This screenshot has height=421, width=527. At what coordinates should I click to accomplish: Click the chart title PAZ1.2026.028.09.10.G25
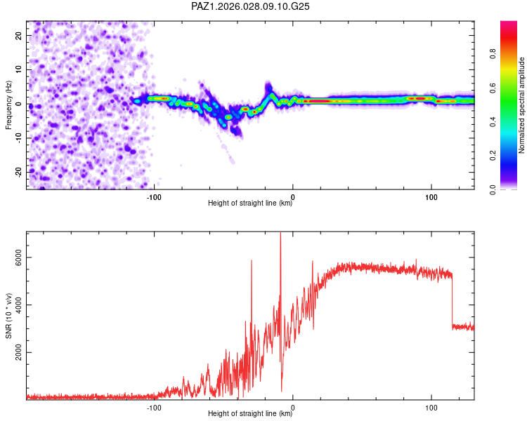250,6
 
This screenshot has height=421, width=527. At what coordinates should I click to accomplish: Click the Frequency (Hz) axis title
8,105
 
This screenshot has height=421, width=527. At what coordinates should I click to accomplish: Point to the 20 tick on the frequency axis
18,35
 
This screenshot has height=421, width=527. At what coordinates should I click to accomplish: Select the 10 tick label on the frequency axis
18,69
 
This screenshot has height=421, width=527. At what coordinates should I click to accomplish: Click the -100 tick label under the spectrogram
154,197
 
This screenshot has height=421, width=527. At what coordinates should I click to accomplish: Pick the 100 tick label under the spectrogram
431,197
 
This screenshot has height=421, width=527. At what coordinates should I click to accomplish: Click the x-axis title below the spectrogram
250,203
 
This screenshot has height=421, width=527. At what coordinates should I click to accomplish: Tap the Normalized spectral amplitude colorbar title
521,105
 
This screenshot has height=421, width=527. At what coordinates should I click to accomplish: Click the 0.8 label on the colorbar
493,54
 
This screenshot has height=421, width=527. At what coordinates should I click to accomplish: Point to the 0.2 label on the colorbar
493,156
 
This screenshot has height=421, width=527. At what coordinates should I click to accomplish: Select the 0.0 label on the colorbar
493,189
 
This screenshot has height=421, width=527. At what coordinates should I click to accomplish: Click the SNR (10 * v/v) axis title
8,316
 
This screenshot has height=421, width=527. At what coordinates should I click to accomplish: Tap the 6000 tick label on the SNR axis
18,258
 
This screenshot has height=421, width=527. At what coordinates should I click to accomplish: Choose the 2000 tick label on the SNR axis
18,352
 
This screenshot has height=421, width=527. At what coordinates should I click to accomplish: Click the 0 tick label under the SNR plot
293,408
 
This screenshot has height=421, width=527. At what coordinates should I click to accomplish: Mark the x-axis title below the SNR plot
250,413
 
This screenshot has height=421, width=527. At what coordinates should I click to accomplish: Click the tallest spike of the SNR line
280,232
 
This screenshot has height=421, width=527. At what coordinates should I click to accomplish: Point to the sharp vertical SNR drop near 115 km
453,300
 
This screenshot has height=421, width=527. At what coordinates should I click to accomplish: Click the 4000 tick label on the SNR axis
18,305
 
